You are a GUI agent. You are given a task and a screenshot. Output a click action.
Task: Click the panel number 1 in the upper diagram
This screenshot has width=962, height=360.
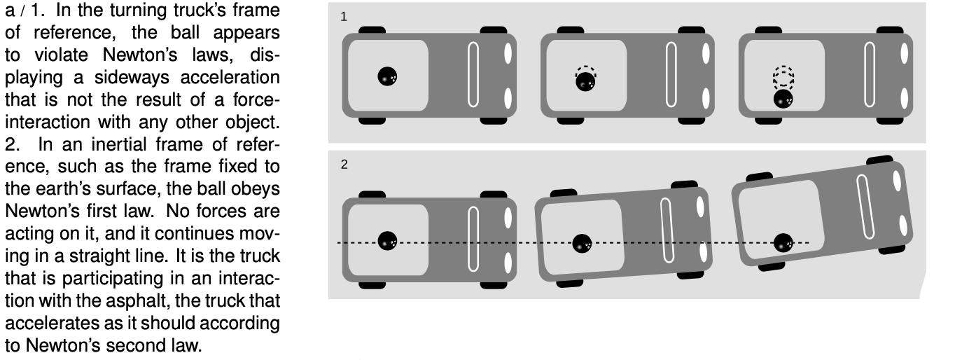pyautogui.click(x=343, y=17)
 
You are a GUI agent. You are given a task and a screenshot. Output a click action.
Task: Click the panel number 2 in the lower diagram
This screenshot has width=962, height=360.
pyautogui.click(x=344, y=165)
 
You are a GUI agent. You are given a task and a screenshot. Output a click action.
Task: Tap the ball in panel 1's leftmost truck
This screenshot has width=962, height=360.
pyautogui.click(x=387, y=76)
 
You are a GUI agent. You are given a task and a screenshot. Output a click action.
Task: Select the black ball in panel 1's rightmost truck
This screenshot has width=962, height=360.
pyautogui.click(x=783, y=99)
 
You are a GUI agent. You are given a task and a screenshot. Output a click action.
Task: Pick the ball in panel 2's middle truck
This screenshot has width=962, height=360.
pyautogui.click(x=582, y=244)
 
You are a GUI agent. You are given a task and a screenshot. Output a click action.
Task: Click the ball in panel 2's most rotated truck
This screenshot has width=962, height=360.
pyautogui.click(x=783, y=243)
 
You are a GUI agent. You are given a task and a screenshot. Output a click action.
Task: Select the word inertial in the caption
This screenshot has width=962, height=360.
pyautogui.click(x=119, y=145)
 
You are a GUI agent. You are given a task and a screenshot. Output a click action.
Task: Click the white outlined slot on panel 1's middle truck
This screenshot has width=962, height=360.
pyautogui.click(x=671, y=74)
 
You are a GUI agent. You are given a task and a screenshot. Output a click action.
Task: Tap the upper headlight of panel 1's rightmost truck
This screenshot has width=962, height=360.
pyautogui.click(x=904, y=53)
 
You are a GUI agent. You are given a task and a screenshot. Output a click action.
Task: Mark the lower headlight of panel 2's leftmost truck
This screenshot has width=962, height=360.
pyautogui.click(x=508, y=263)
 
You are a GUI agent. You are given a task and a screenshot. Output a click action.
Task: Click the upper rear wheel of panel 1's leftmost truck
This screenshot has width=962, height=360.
pyautogui.click(x=372, y=30)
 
